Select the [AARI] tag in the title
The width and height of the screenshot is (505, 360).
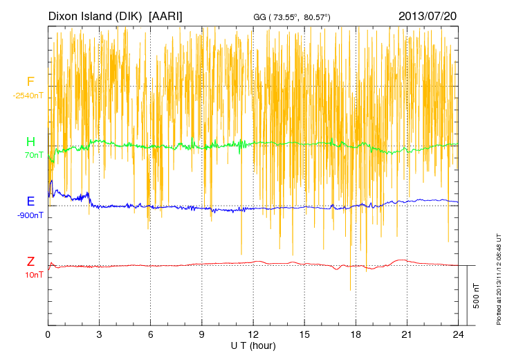tap(165, 15)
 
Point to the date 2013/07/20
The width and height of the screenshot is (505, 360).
tap(428, 15)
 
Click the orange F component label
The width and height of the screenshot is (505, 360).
tap(30, 82)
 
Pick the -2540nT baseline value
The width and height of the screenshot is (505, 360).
tap(28, 96)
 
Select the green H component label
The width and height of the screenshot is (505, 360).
tap(30, 142)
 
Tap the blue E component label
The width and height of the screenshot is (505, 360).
tap(30, 201)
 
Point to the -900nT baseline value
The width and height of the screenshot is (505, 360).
tap(30, 215)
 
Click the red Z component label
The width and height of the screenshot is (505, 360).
tap(30, 262)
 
